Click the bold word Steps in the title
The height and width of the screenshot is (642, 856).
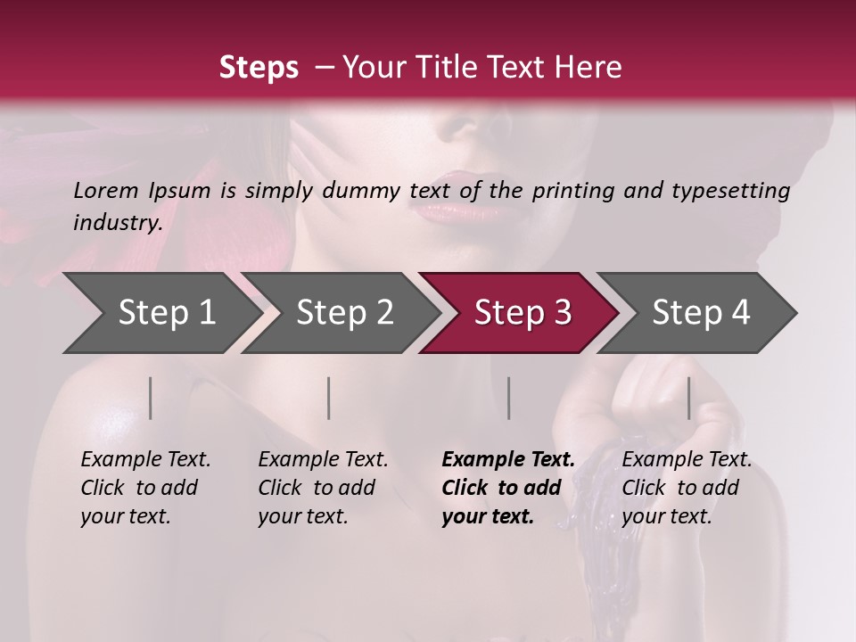(259, 68)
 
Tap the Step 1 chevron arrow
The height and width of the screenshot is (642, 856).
(160, 313)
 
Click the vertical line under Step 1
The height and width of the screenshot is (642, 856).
(151, 398)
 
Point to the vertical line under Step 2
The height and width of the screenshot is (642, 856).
(329, 398)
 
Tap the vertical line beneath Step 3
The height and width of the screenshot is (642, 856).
(509, 398)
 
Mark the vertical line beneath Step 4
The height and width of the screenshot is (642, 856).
(689, 398)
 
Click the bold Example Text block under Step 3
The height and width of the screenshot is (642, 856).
(508, 488)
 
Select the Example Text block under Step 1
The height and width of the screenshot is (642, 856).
(145, 488)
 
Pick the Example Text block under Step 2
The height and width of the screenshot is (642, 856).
(323, 488)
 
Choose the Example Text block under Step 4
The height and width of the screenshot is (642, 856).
(687, 488)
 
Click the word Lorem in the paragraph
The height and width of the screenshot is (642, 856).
(106, 191)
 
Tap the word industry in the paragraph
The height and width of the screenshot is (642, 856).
(117, 223)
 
